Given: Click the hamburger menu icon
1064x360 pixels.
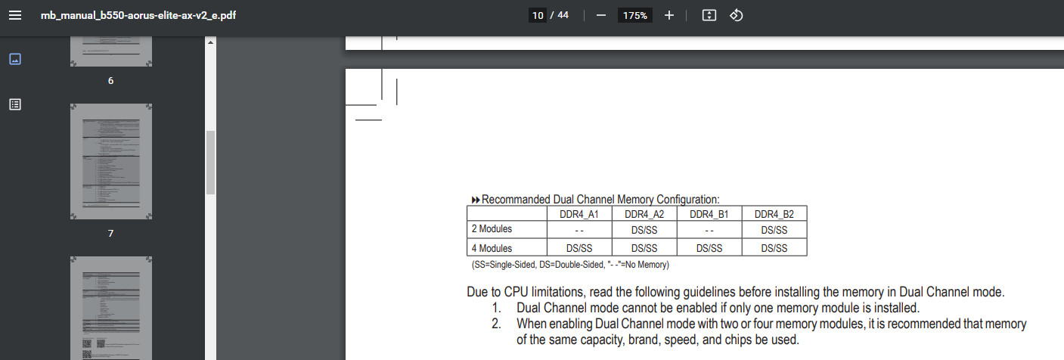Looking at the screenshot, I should [x=15, y=15].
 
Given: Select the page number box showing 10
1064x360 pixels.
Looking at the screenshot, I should [x=538, y=15].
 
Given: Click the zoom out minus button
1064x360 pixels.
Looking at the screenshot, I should [x=601, y=15].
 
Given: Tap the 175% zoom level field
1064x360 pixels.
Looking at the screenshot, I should [x=634, y=15].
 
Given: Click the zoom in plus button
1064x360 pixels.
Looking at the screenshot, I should [x=668, y=15].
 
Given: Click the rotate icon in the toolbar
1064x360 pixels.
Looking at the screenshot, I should [x=737, y=15].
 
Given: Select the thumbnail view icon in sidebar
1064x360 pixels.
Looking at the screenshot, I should [x=15, y=59].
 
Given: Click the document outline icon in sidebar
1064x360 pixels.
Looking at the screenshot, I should [x=15, y=104].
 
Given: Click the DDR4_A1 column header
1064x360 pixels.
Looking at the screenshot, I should [x=579, y=214].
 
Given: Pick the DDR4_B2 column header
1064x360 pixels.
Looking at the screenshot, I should [x=774, y=214].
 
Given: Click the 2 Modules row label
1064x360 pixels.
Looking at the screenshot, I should [x=492, y=229].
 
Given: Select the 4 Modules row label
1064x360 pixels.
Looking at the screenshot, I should [x=492, y=248].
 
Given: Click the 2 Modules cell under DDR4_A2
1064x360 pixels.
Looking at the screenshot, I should [x=644, y=230].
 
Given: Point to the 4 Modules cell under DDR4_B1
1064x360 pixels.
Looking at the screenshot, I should [x=709, y=248].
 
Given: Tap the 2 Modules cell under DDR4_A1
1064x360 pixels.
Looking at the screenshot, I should [x=579, y=230].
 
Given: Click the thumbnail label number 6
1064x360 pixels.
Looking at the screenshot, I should [x=111, y=80].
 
